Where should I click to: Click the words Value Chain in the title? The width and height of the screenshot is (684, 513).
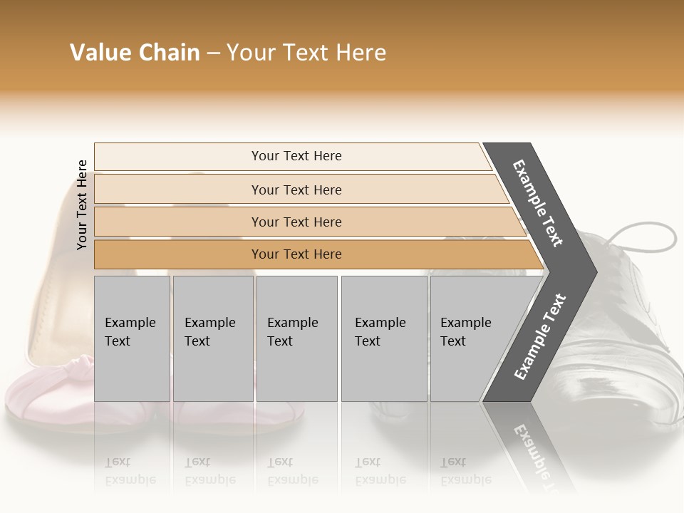[x=135, y=53]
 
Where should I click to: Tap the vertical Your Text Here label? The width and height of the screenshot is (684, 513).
[x=82, y=204]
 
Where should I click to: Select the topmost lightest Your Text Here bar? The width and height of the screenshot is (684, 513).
[x=296, y=156]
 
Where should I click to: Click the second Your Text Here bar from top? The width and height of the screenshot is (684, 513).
[x=296, y=190]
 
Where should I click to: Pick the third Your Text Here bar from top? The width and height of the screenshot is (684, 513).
[x=296, y=222]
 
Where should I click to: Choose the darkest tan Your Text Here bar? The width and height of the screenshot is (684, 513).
[x=296, y=254]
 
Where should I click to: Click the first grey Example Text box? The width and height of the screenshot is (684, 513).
[x=132, y=338]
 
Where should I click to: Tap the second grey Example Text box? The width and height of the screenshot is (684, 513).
[x=212, y=338]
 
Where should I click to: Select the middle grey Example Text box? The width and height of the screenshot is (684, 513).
[x=296, y=338]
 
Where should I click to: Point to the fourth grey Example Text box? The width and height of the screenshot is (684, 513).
[x=383, y=338]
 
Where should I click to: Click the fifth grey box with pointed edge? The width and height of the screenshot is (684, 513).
[x=470, y=338]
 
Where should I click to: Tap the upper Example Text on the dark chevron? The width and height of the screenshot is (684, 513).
[x=538, y=204]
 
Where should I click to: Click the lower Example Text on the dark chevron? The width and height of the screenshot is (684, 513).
[x=539, y=336]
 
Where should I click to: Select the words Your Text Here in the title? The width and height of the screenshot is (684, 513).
[x=306, y=53]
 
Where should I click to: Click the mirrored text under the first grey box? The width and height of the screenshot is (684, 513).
[x=130, y=471]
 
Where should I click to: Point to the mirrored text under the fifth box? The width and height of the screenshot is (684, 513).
[x=465, y=471]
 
